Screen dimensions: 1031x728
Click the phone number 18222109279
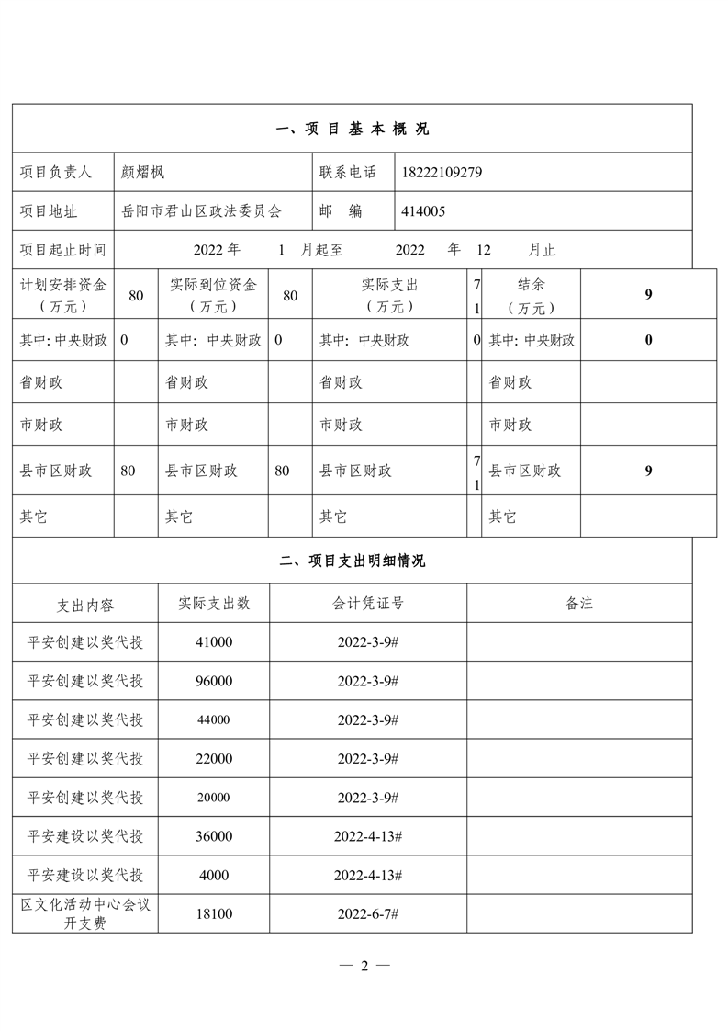coord(442,172)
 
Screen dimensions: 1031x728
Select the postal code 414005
coord(423,211)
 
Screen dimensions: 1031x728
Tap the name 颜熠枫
coord(142,172)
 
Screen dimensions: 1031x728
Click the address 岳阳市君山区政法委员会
coord(201,211)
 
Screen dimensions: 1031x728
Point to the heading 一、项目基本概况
coord(353,129)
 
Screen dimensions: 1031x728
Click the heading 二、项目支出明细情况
coord(353,561)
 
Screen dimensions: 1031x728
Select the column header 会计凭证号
coord(368,604)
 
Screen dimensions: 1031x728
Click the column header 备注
coord(579,604)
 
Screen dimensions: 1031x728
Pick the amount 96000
coord(214,681)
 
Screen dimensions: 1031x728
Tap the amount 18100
coord(214,914)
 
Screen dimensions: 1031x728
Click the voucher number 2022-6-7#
coord(368,914)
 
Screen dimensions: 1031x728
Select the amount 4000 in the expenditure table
coord(214,875)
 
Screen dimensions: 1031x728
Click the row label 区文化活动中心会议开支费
coord(85,914)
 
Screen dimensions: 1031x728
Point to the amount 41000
coord(214,642)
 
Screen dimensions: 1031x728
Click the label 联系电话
coord(348,172)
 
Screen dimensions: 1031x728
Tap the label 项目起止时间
coord(62,250)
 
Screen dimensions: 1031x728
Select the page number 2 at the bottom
coord(364,966)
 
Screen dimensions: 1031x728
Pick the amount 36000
coord(214,836)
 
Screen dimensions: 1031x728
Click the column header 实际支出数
coord(214,604)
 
